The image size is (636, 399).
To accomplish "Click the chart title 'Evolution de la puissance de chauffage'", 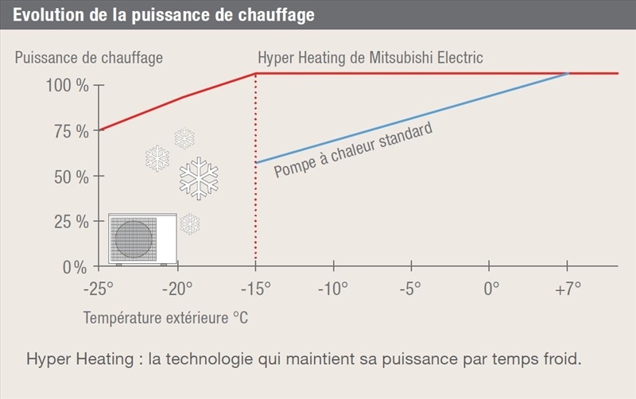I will tap(164, 15).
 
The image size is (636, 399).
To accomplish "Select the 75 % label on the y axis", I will tap(72, 131).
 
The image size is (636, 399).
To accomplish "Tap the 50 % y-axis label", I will tap(72, 176).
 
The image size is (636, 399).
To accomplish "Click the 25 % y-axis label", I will tap(72, 222).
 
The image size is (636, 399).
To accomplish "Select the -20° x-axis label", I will tap(177, 288).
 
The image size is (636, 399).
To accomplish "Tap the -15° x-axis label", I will tap(255, 288).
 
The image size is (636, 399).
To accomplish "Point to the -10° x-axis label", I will tap(333, 288).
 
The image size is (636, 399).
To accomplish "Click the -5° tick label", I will tap(411, 288).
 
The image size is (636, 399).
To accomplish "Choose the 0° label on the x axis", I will tap(491, 288).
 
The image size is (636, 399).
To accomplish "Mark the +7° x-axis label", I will tap(567, 288).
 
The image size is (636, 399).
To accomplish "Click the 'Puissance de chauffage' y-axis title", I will tap(89, 58).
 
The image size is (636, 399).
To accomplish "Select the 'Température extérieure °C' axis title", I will tap(166, 318).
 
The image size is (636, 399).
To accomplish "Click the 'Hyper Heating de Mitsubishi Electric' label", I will tap(370, 58).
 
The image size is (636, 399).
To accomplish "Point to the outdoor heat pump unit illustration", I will tap(142, 239).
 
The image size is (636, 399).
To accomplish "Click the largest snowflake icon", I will tap(199, 178).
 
